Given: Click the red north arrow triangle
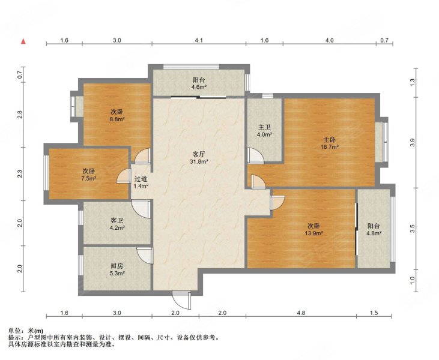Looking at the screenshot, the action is (24, 41).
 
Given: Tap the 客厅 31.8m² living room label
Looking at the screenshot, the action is (199, 157).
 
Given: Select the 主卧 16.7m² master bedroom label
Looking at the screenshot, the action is (330, 143).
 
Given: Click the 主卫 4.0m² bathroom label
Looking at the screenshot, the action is (264, 131).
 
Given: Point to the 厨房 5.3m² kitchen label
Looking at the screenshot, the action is (117, 269).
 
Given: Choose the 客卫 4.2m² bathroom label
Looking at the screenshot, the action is (117, 224).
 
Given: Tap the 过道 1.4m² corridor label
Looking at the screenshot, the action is (141, 182).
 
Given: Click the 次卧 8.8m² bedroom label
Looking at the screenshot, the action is (117, 115).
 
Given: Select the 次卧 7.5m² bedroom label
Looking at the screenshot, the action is (89, 175).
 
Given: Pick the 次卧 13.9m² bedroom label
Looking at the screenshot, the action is (314, 229).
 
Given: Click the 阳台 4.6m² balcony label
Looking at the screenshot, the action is (199, 83).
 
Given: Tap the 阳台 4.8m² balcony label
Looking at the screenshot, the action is (374, 229).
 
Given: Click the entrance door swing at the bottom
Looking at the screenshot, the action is (181, 300).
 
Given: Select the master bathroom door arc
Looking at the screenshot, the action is (256, 155).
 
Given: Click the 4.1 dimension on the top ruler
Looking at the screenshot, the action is (199, 40).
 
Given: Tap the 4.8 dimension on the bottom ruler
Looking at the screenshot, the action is (301, 313).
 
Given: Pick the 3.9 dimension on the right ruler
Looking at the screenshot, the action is (412, 143).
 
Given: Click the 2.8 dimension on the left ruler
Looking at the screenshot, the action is (19, 115).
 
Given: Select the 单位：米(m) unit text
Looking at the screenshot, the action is (26, 331).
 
